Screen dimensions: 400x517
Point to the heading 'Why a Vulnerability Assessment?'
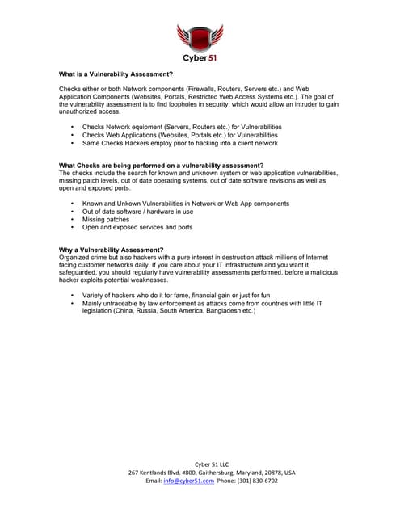(112, 250)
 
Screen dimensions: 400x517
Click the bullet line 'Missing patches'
(106, 219)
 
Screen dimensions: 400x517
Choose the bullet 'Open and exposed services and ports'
(137, 227)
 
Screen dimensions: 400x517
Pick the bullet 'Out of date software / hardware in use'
(137, 212)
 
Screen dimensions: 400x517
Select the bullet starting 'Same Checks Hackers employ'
(179, 143)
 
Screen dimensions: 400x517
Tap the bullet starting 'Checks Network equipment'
(182, 127)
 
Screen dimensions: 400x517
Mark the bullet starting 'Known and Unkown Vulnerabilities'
(185, 204)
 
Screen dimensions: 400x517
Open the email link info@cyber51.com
(188, 480)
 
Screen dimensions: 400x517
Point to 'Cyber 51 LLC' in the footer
(200, 464)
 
